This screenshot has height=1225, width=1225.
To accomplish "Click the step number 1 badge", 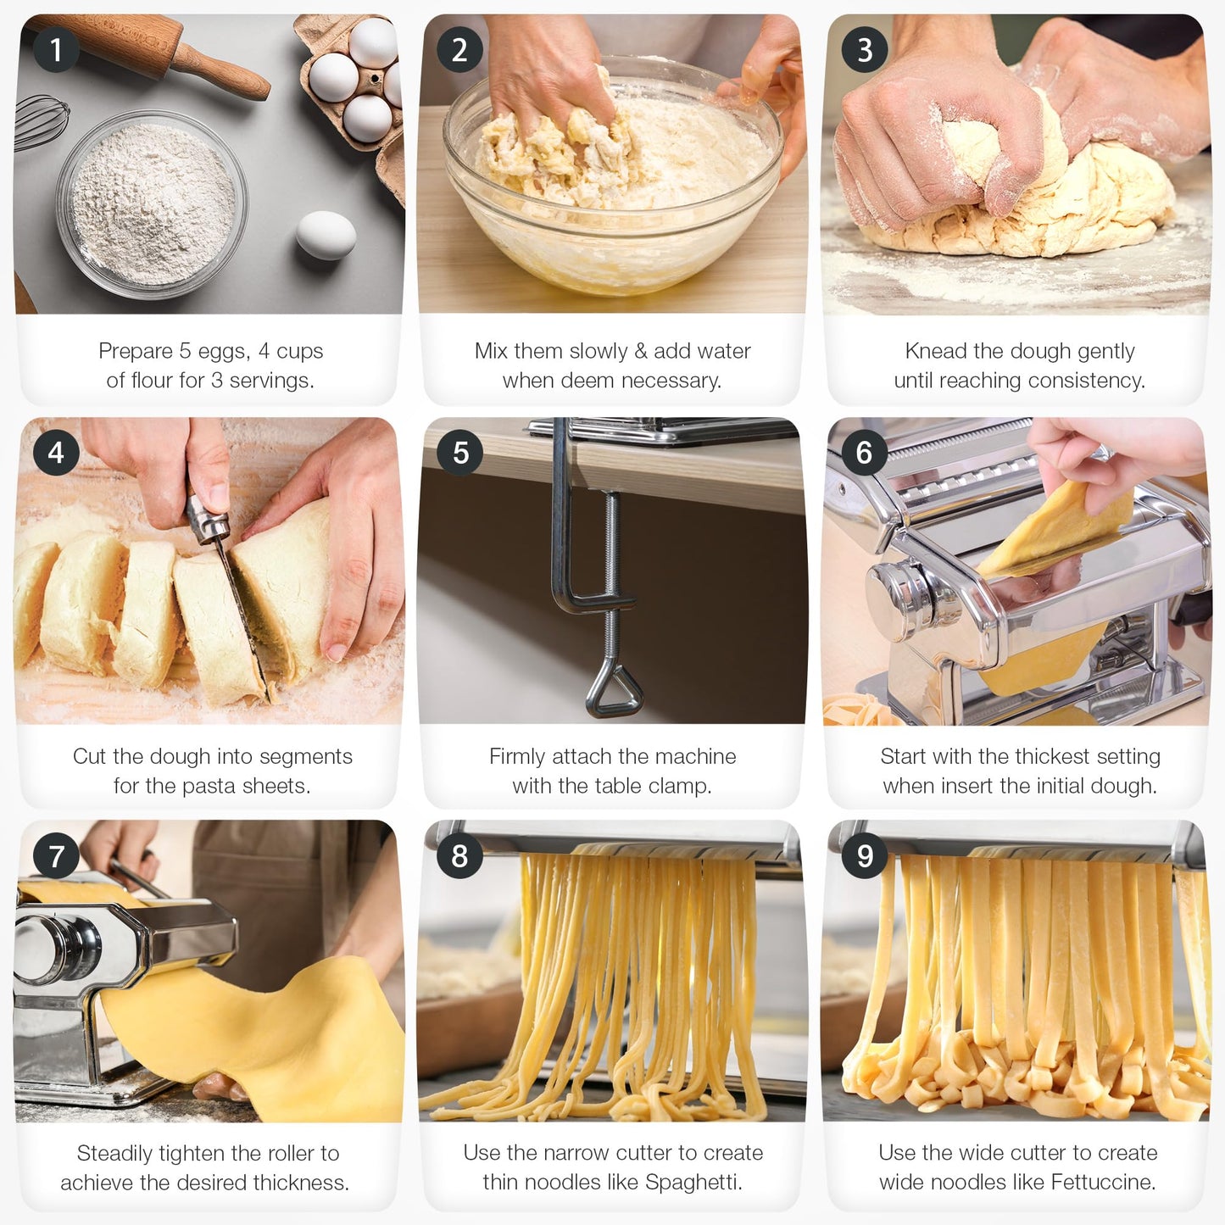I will coord(56,49).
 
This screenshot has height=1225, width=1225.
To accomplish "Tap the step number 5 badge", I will coord(460,452).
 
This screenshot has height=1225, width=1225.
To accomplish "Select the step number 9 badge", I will coord(864,855).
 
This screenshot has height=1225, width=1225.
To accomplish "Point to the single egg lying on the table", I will coord(326,235).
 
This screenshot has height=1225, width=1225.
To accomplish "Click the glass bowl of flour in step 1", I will coord(152,203).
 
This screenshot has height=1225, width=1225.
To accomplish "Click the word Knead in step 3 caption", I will coord(935,351).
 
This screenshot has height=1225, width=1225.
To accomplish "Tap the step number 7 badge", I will coord(56,855).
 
